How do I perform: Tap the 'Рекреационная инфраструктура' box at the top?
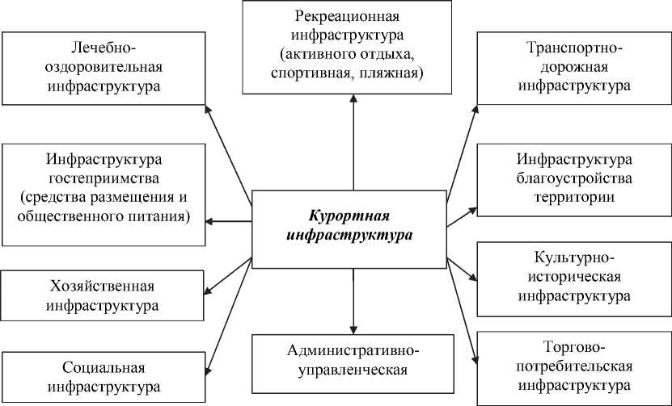349,45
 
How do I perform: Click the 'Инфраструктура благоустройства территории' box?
573,178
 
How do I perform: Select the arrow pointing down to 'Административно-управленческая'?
353,299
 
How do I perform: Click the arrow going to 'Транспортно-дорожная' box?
463,153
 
